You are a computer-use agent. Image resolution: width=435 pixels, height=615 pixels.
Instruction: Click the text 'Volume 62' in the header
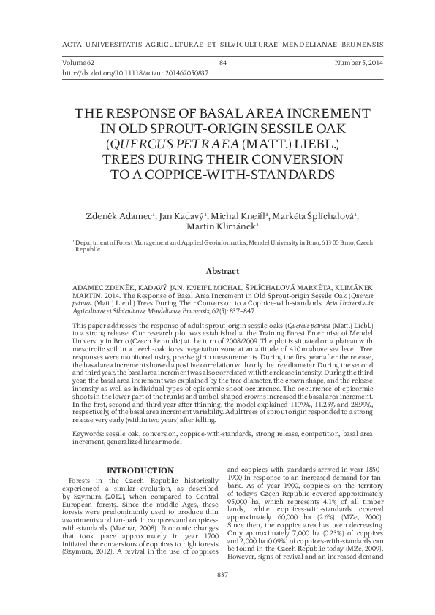(69, 64)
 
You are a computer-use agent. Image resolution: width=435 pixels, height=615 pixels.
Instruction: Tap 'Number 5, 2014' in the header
(358, 64)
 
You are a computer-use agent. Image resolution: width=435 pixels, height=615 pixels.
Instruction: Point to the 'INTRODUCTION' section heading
(140, 469)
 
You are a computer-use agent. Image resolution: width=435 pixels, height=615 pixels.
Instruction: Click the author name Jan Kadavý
(184, 215)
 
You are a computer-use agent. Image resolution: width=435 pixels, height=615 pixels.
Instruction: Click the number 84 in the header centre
(223, 64)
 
